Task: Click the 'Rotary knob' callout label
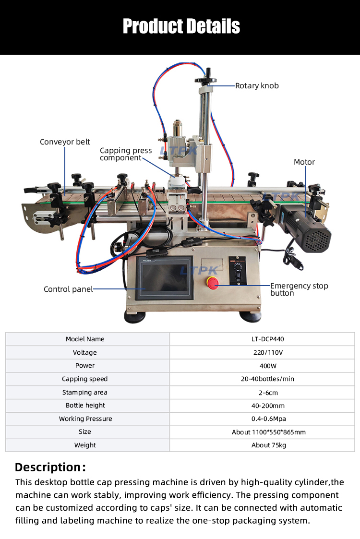(257, 86)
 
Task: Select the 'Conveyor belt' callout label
(65, 142)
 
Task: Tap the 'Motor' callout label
(304, 162)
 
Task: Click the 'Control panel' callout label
(68, 289)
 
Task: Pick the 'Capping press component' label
(126, 154)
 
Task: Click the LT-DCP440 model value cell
(268, 339)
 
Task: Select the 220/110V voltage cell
(268, 353)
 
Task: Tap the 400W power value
(268, 366)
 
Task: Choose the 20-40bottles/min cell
(268, 379)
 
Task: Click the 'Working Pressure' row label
(85, 419)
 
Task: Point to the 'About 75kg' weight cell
(268, 445)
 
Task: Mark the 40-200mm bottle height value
(268, 406)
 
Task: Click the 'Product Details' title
(181, 26)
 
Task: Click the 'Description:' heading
(50, 467)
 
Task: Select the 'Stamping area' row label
(85, 393)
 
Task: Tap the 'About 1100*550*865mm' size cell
(268, 432)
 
